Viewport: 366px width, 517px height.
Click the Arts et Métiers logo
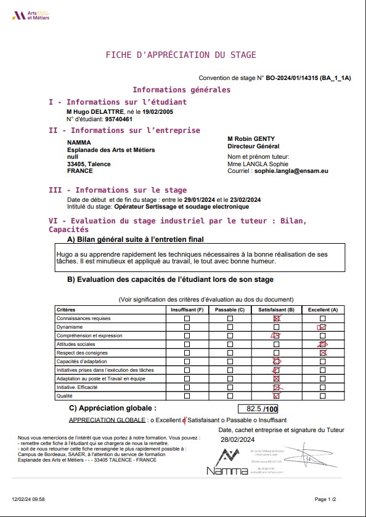click(x=30, y=15)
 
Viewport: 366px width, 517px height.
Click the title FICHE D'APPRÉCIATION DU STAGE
click(x=181, y=55)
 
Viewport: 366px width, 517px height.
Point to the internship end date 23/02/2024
click(x=245, y=200)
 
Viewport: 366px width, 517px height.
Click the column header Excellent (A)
click(x=323, y=309)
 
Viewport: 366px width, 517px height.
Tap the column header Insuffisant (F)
click(x=187, y=309)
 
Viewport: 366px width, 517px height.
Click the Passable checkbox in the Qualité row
click(x=230, y=396)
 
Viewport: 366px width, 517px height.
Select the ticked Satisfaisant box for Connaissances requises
click(x=276, y=318)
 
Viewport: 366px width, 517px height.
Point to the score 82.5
click(x=253, y=409)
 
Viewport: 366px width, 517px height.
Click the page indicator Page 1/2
click(x=325, y=499)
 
